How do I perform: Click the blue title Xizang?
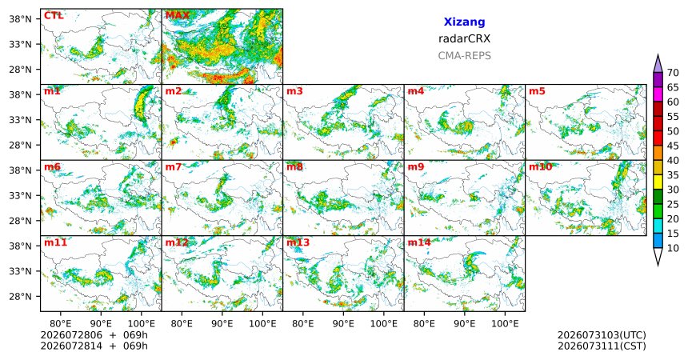click(x=464, y=22)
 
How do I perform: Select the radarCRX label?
click(x=464, y=38)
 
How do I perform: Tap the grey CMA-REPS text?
click(x=464, y=56)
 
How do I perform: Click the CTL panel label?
click(x=54, y=16)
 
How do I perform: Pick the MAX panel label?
click(x=178, y=16)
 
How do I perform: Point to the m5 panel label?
click(x=537, y=91)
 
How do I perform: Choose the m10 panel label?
click(x=540, y=167)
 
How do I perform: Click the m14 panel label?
click(x=419, y=242)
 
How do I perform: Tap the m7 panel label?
click(x=174, y=167)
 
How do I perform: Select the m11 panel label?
click(x=55, y=242)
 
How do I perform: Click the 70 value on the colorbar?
click(x=673, y=73)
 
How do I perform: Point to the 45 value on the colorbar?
click(x=673, y=146)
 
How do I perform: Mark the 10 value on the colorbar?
click(x=673, y=248)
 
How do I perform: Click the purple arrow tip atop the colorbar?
click(x=658, y=55)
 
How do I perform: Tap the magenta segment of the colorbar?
click(x=658, y=94)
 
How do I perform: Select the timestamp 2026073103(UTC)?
click(x=602, y=335)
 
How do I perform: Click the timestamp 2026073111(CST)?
click(x=602, y=346)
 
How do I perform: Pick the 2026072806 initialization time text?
click(x=71, y=335)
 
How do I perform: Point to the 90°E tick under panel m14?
click(x=464, y=324)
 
